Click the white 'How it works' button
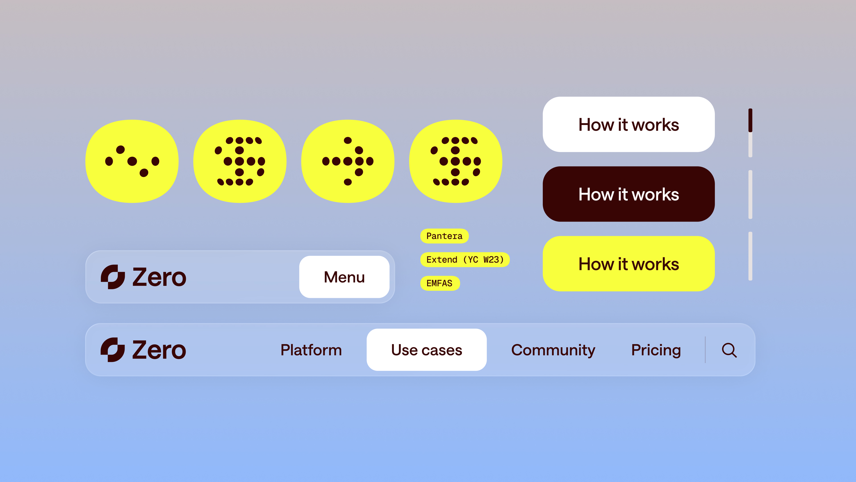[x=628, y=125]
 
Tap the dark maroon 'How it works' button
[x=628, y=194]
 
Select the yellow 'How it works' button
[x=628, y=264]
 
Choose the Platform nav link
[x=311, y=350]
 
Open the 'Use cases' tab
[x=427, y=350]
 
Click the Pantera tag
[x=444, y=236]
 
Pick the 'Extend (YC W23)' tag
[x=465, y=260]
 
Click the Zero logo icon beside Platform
[x=113, y=350]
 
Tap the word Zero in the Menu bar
[x=159, y=277]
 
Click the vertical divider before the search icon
[x=705, y=350]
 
